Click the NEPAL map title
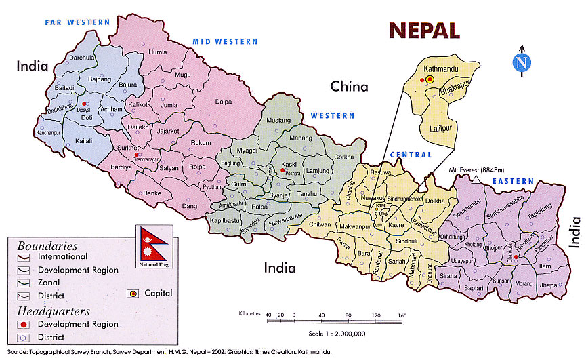423,30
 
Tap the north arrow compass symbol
521,63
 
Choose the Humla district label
157,52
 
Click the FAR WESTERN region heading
77,22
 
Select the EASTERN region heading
514,182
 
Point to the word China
349,86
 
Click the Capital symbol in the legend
133,294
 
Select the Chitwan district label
318,224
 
